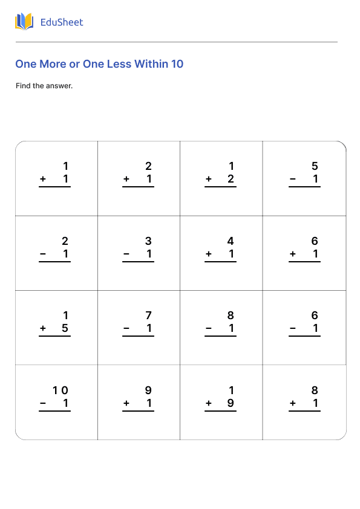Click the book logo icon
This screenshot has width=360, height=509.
(24, 22)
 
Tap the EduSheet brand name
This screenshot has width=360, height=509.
(61, 22)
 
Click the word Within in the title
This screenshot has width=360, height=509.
(151, 63)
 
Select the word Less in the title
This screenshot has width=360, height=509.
(119, 63)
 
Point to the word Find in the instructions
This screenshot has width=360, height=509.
(22, 86)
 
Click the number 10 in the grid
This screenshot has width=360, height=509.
(61, 391)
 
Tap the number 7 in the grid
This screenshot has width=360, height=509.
(148, 316)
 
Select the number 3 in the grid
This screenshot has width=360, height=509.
(148, 241)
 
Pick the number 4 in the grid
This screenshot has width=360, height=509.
(231, 241)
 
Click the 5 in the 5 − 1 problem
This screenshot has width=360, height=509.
(315, 166)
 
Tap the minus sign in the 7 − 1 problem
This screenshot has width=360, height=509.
(126, 329)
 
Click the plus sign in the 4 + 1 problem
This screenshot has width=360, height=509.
(209, 254)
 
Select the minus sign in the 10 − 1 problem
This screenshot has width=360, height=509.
(43, 403)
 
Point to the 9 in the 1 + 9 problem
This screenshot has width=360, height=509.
(231, 403)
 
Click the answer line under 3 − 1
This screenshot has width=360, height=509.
(138, 262)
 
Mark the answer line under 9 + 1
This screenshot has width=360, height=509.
(138, 411)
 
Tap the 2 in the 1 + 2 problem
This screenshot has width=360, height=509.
(231, 179)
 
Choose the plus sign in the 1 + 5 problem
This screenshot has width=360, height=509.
(43, 329)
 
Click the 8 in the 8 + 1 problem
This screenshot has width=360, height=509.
(315, 391)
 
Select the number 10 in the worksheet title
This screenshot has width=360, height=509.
(177, 63)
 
